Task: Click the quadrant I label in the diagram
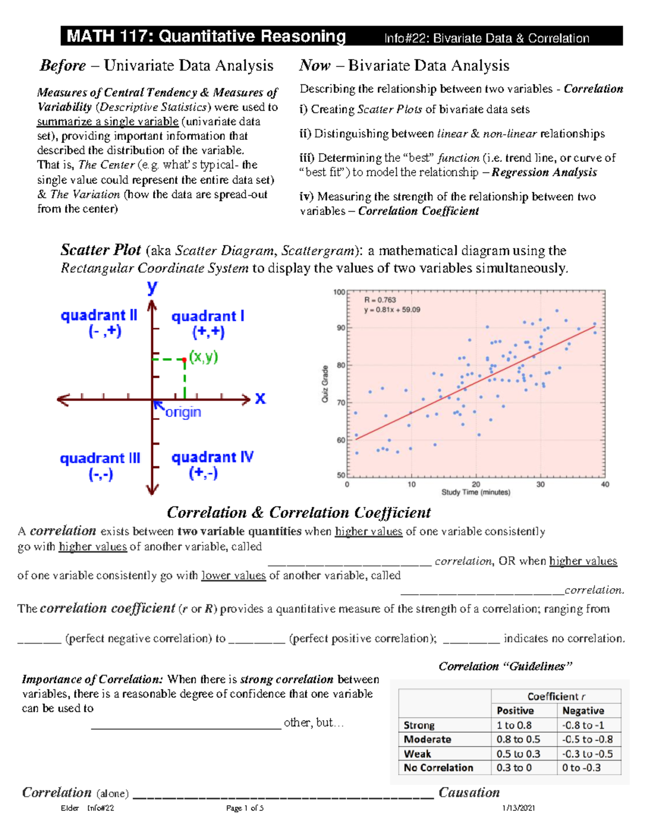click(x=208, y=323)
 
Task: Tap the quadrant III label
click(x=101, y=466)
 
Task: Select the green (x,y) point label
click(x=204, y=357)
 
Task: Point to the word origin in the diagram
click(x=183, y=412)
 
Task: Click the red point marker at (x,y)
click(x=184, y=359)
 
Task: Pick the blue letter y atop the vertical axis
click(x=153, y=287)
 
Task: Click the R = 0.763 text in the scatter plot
click(x=380, y=300)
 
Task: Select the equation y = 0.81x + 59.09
click(x=392, y=310)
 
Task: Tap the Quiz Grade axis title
click(x=325, y=384)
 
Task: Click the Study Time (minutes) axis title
click(x=476, y=493)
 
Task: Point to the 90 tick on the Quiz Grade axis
click(x=341, y=328)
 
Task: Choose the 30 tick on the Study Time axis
click(x=540, y=484)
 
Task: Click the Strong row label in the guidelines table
click(x=419, y=725)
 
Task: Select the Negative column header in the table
click(x=583, y=711)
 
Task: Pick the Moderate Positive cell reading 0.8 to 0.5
click(x=518, y=739)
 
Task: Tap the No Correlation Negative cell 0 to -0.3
click(x=582, y=768)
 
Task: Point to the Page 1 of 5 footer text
click(x=245, y=808)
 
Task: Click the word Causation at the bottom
click(x=469, y=793)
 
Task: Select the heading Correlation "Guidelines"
click(x=505, y=666)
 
